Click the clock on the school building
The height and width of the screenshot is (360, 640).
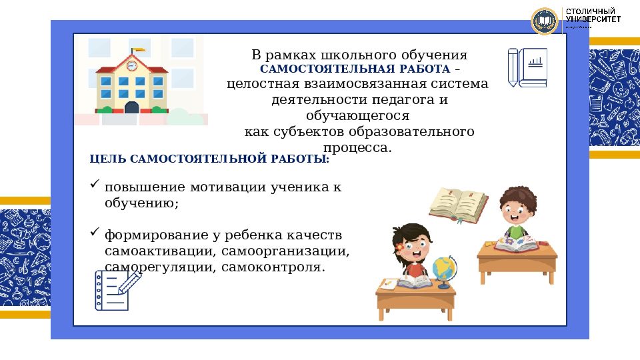point(132,66)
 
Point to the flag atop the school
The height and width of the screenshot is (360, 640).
point(138,49)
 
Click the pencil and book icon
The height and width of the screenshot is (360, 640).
point(527,67)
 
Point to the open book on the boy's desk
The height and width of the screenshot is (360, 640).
point(515,245)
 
